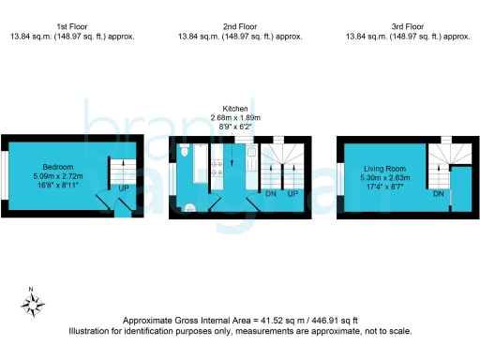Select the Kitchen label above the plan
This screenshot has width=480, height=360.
pyautogui.click(x=234, y=109)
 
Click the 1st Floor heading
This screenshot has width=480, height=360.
pyautogui.click(x=73, y=27)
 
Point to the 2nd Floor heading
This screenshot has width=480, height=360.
pyautogui.click(x=240, y=27)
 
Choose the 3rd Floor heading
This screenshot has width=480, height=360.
pyautogui.click(x=408, y=27)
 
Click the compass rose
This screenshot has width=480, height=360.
pyautogui.click(x=34, y=303)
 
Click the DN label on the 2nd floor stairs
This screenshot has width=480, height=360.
pyautogui.click(x=271, y=193)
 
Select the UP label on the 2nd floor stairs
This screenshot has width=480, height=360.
pyautogui.click(x=292, y=193)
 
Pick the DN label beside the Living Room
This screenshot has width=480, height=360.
pyautogui.click(x=438, y=194)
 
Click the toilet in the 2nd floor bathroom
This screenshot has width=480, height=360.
pyautogui.click(x=186, y=152)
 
